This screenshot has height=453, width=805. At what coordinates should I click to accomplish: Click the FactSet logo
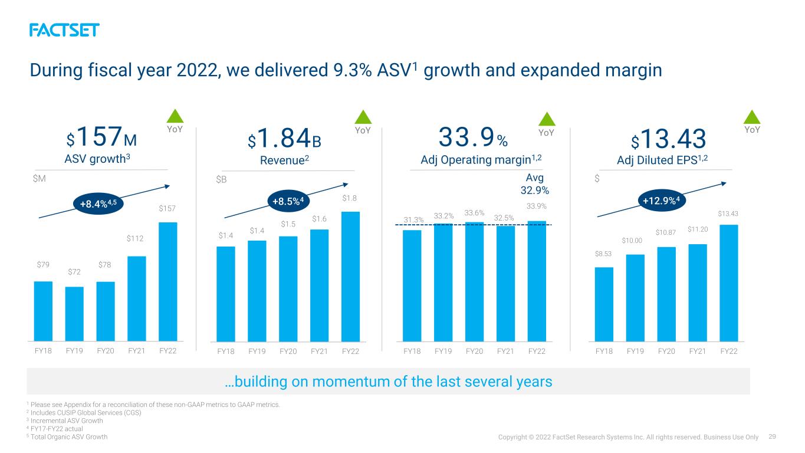pyautogui.click(x=64, y=30)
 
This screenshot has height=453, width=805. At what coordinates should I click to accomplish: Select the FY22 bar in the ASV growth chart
pyautogui.click(x=168, y=281)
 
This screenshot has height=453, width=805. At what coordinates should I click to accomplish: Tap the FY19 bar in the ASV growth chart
pyautogui.click(x=74, y=314)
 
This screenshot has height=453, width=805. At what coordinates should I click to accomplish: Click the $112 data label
pyautogui.click(x=135, y=238)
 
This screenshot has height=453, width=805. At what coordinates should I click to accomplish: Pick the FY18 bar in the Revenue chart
pyautogui.click(x=226, y=294)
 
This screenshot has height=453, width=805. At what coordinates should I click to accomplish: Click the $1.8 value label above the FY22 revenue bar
pyautogui.click(x=349, y=198)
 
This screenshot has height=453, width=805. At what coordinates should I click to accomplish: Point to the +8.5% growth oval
pyautogui.click(x=288, y=201)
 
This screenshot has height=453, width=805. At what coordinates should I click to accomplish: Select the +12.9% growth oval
pyautogui.click(x=662, y=201)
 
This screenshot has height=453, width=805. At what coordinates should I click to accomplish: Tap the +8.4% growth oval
pyautogui.click(x=98, y=203)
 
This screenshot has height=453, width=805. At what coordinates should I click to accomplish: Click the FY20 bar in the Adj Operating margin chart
pyautogui.click(x=474, y=282)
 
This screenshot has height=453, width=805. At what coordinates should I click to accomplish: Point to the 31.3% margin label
pyautogui.click(x=413, y=219)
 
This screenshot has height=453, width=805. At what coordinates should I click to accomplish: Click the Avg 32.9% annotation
pyautogui.click(x=535, y=183)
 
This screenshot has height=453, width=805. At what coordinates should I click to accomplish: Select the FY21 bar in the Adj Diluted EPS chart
pyautogui.click(x=698, y=293)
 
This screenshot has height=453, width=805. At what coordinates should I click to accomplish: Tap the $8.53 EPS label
pyautogui.click(x=603, y=254)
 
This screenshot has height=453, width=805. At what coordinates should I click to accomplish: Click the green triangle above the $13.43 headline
pyautogui.click(x=752, y=117)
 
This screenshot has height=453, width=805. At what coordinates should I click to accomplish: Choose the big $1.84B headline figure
pyautogui.click(x=284, y=139)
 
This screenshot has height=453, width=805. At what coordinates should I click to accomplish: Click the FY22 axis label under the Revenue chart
pyautogui.click(x=350, y=352)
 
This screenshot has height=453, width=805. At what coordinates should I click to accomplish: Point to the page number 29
pyautogui.click(x=773, y=436)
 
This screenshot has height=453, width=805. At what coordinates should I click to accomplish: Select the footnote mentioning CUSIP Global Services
pyautogui.click(x=84, y=413)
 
